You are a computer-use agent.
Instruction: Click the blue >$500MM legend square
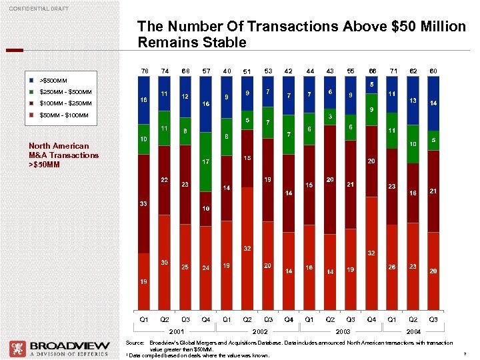point(32,79)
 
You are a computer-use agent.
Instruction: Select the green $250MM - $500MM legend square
point(32,91)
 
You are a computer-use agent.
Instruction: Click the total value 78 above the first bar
point(143,71)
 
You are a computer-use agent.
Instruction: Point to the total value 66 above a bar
point(373,71)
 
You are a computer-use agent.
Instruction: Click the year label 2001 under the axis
point(175,331)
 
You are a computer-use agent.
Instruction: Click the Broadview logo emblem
point(17,349)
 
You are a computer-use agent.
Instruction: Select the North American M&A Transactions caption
point(63,155)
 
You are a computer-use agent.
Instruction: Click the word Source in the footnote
point(135,341)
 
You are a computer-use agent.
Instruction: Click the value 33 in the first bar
point(143,203)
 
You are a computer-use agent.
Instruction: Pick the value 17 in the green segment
point(207,161)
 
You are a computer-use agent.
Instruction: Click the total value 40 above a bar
point(227,71)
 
